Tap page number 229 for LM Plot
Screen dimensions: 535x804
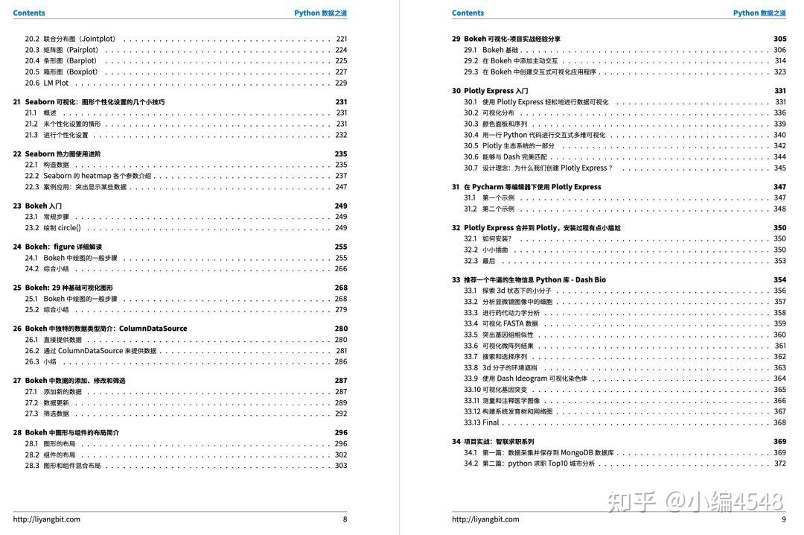click(x=341, y=83)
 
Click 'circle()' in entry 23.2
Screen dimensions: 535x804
click(x=69, y=228)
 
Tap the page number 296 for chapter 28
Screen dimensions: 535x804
click(x=341, y=432)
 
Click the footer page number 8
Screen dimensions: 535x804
click(x=345, y=519)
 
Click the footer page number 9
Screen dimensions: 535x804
click(x=783, y=519)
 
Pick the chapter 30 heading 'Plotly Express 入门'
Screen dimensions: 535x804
click(x=496, y=91)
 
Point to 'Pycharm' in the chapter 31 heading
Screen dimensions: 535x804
click(x=491, y=187)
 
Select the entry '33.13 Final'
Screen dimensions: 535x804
click(x=481, y=422)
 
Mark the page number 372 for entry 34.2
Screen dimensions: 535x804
click(x=779, y=463)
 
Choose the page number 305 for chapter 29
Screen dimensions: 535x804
click(x=779, y=39)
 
